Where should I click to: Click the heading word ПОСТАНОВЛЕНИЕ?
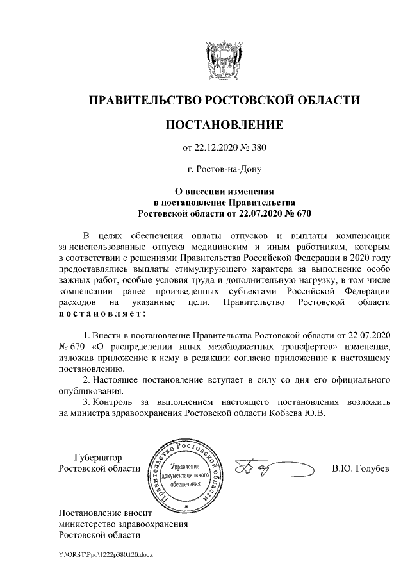pos(224,124)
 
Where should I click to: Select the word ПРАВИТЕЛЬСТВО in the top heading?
pos(144,100)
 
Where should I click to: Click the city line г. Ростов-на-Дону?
pos(224,170)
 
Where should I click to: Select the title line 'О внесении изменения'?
pos(224,191)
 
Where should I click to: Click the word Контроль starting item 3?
pos(113,402)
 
